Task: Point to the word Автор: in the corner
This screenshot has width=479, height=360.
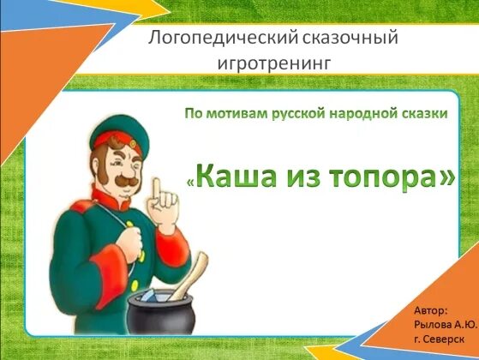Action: (x=430, y=308)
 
